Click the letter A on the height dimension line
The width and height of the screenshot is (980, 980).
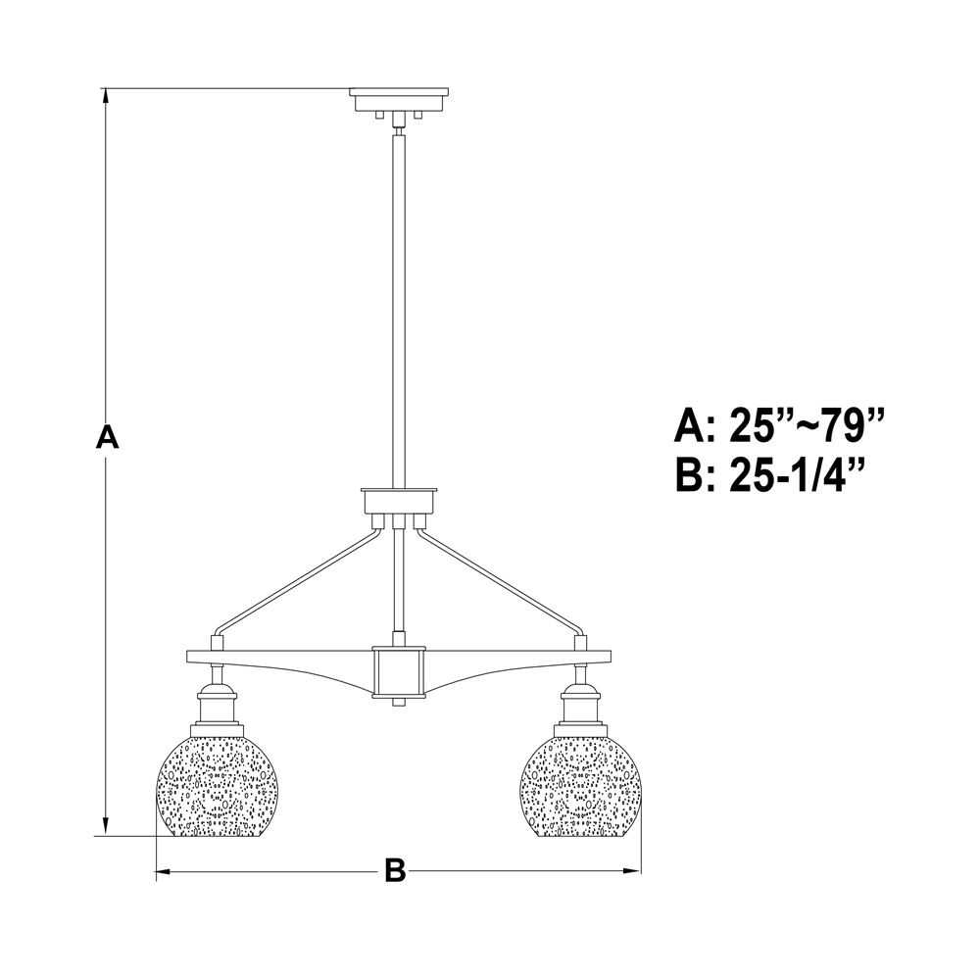point(107,436)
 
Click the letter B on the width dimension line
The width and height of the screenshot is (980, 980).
point(395,870)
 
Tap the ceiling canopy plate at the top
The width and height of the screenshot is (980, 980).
point(399,99)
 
